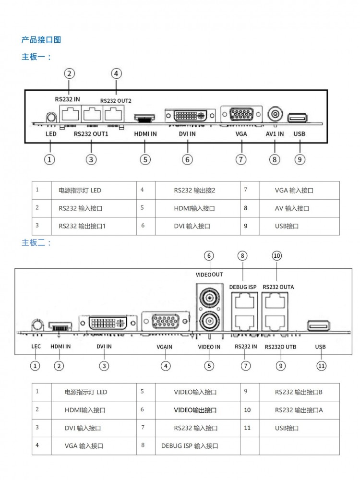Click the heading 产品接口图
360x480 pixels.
pyautogui.click(x=41, y=39)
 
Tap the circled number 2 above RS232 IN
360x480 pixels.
pyautogui.click(x=70, y=73)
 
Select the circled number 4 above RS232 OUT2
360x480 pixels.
pyautogui.click(x=116, y=73)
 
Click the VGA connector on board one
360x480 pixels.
pyautogui.click(x=241, y=115)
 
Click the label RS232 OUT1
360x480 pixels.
pyautogui.click(x=91, y=134)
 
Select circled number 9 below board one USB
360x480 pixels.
pyautogui.click(x=300, y=159)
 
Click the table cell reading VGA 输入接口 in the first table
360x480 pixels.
pyautogui.click(x=294, y=191)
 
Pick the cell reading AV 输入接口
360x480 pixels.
pyautogui.click(x=292, y=208)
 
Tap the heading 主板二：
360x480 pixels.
pyautogui.click(x=36, y=242)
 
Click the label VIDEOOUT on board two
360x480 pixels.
pyautogui.click(x=209, y=275)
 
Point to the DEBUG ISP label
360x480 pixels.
pyautogui.click(x=243, y=287)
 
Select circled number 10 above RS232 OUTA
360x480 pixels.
pyautogui.click(x=276, y=256)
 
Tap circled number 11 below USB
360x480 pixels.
pyautogui.click(x=321, y=366)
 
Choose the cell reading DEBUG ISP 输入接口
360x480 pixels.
pyautogui.click(x=190, y=446)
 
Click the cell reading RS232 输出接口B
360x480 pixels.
pyautogui.click(x=299, y=392)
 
